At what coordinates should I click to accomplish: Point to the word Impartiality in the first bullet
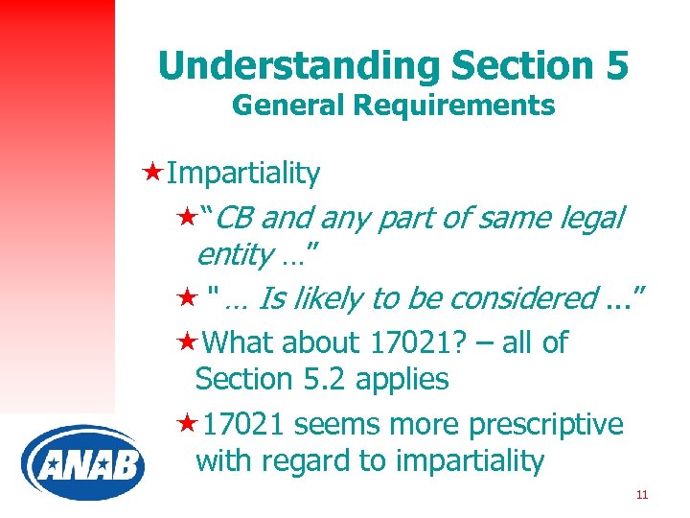point(242,174)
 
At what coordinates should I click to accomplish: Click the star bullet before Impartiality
point(150,173)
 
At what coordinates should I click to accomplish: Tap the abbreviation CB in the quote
point(237,219)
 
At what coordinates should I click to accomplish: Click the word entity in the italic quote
point(234,255)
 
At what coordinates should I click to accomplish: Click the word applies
point(402,379)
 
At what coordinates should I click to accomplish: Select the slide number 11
point(642,495)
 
